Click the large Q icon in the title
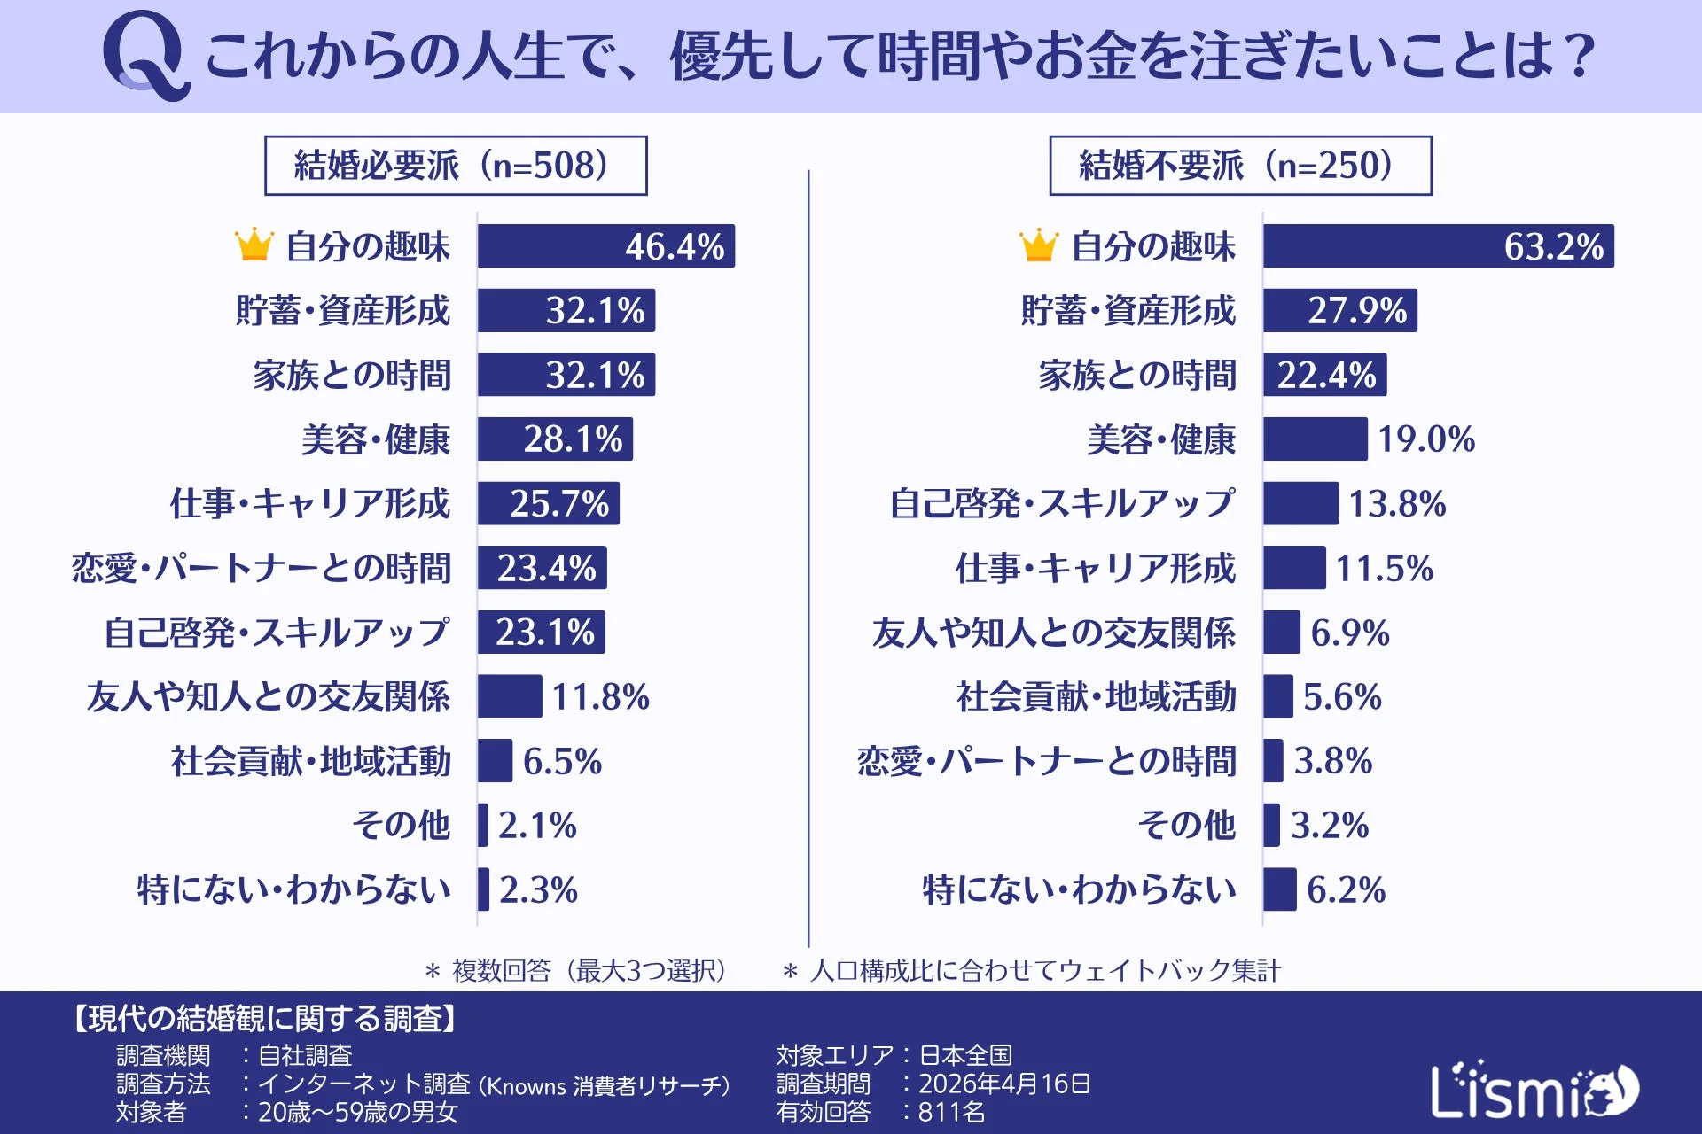144,55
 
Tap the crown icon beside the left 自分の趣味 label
254,245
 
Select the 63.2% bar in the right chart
1437,246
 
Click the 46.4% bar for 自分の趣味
605,246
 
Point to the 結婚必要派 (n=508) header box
456,166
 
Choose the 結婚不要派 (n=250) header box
1239,166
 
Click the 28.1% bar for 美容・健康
555,439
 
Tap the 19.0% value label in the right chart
1425,439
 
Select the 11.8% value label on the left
600,697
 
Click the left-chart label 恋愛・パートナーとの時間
262,568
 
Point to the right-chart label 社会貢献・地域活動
1096,697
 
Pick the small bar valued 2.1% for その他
483,826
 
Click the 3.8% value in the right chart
1332,761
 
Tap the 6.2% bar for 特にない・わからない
1279,889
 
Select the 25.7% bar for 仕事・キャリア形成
548,504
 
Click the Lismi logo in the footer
1534,1091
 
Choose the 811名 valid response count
951,1112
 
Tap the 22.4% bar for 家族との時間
1324,375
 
